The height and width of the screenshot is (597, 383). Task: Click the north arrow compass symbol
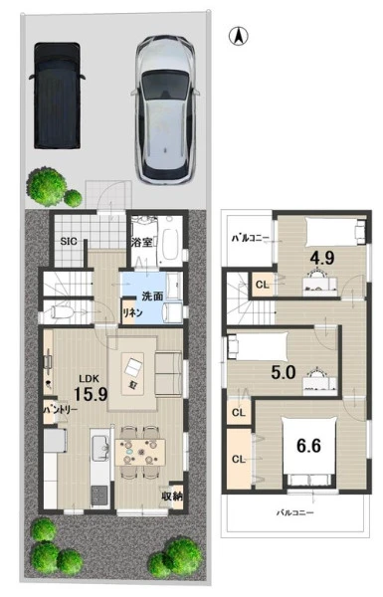click(x=239, y=37)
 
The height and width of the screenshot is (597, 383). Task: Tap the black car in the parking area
click(x=57, y=96)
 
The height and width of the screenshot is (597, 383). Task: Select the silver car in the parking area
click(x=165, y=109)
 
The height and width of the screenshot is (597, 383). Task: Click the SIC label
click(x=69, y=241)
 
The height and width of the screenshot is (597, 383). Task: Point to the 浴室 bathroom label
click(x=142, y=243)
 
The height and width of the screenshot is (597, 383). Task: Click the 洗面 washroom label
click(x=152, y=297)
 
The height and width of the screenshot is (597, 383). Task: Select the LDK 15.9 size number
click(x=91, y=394)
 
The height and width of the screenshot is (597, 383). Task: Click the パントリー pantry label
click(x=60, y=410)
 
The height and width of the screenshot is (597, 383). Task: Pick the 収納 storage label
click(x=172, y=497)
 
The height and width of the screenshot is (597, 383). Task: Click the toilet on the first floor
click(x=63, y=312)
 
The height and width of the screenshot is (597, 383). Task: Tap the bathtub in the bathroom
click(x=170, y=240)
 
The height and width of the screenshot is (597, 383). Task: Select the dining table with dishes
click(x=140, y=453)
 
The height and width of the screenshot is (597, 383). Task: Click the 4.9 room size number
click(x=322, y=259)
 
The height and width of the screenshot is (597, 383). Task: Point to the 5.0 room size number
click(x=284, y=372)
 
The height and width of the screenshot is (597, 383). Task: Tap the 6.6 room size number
click(x=308, y=446)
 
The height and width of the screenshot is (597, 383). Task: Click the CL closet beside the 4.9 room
click(x=263, y=285)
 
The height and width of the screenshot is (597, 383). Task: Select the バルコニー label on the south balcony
click(x=295, y=512)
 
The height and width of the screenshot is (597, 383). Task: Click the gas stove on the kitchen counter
click(x=99, y=495)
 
